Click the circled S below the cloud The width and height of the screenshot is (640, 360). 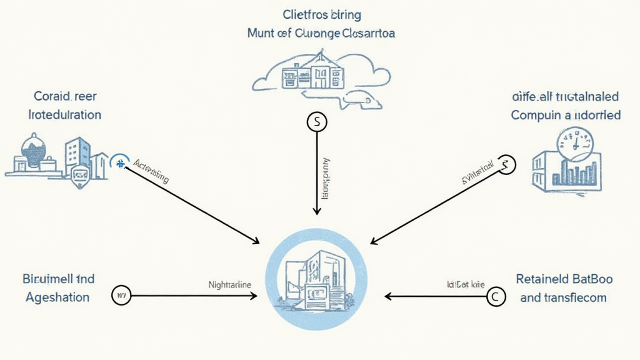click(x=317, y=122)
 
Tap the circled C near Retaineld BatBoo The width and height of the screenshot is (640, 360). click(x=496, y=297)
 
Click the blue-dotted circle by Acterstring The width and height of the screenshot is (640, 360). click(x=119, y=163)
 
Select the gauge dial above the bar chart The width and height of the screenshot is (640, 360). click(x=574, y=141)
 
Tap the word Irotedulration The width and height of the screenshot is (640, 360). click(x=65, y=115)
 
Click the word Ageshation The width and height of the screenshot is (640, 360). click(x=58, y=297)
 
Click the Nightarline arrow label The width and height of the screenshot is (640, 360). click(x=229, y=284)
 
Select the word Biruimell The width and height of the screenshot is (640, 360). click(x=49, y=279)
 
